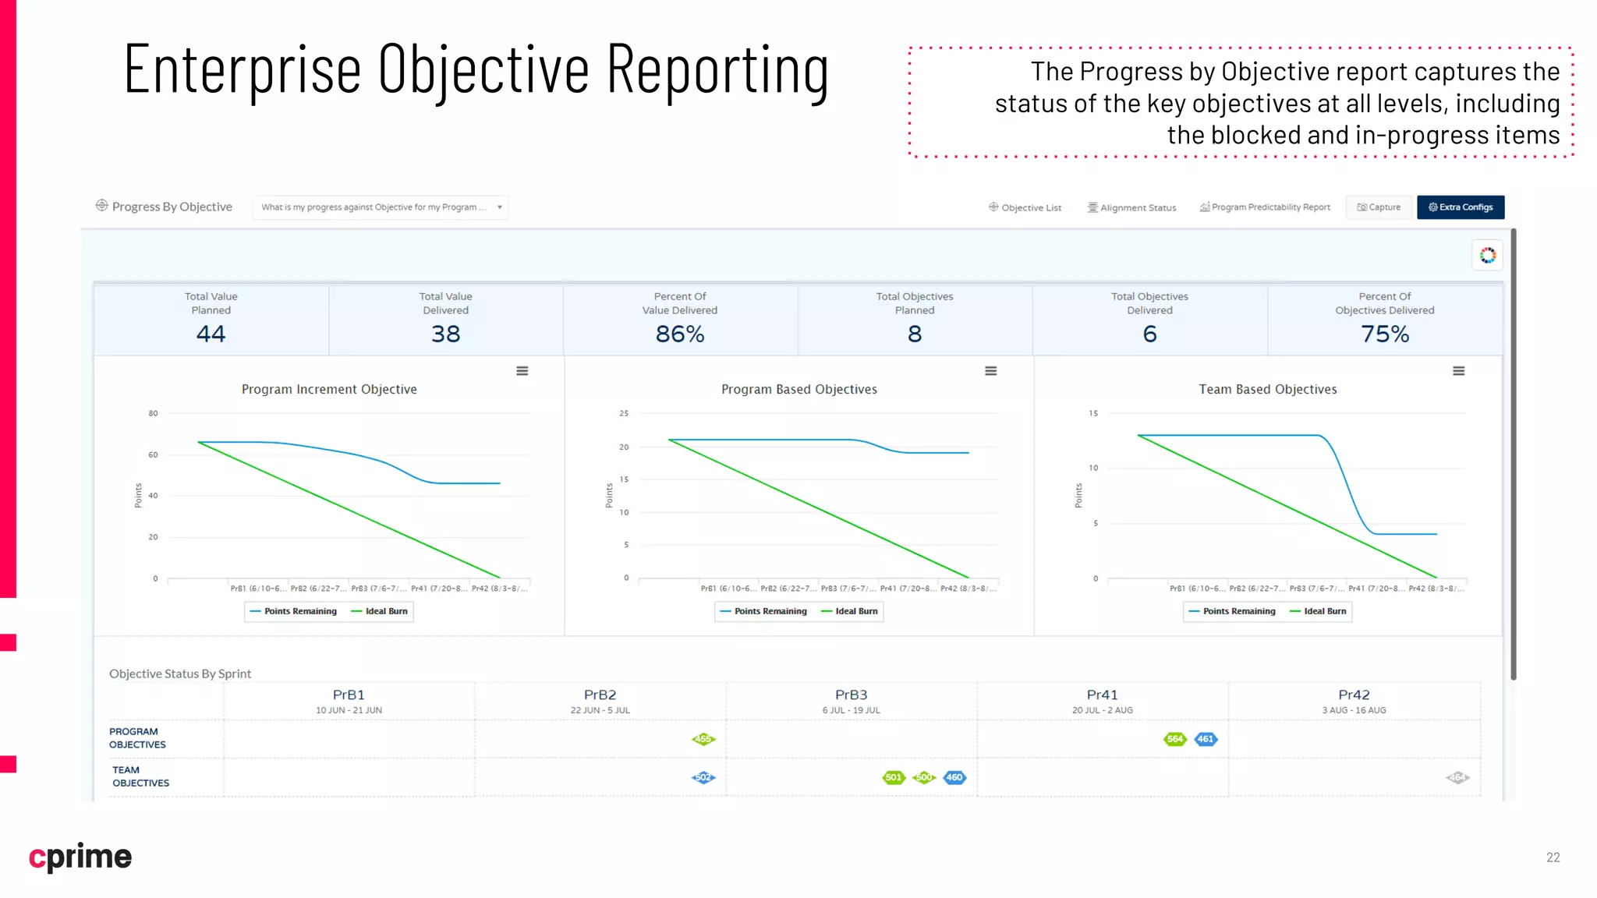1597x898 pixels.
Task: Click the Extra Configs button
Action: pos(1460,207)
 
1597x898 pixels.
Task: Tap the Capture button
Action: pos(1379,207)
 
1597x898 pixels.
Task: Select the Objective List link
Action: pos(1025,208)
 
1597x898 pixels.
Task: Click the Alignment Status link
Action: pos(1132,208)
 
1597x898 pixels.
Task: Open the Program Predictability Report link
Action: pos(1265,207)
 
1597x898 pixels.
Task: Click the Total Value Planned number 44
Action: pos(211,334)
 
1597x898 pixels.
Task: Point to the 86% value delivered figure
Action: pos(680,334)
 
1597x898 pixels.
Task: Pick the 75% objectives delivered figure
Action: pos(1384,334)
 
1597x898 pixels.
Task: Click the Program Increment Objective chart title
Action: pos(329,389)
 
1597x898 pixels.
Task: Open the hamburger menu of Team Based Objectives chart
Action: pos(1458,371)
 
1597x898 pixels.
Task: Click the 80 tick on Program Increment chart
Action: pos(153,414)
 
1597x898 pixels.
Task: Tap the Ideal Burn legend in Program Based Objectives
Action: pos(850,612)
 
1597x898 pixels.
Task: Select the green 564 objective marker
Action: pos(1174,739)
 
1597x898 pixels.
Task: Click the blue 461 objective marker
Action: pos(1206,739)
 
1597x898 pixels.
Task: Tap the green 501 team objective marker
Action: pos(894,777)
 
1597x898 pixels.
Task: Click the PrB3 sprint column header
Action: pos(851,695)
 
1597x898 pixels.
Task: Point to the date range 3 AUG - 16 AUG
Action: pos(1354,710)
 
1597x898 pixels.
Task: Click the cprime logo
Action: pos(80,857)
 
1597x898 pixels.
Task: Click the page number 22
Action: pos(1553,857)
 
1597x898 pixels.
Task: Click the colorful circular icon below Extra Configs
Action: pos(1487,256)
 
